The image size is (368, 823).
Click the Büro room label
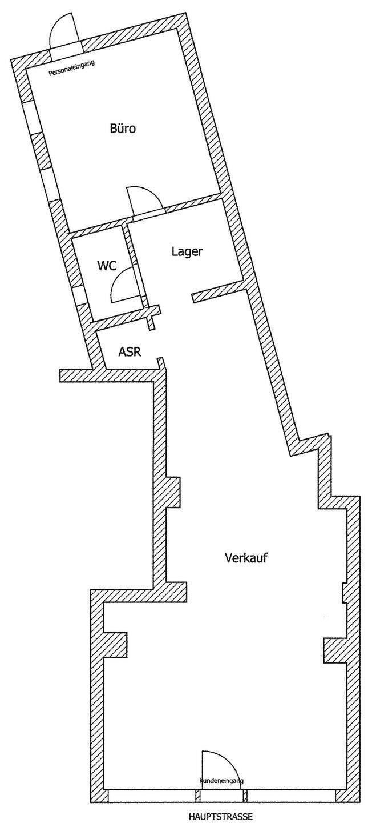coord(123,129)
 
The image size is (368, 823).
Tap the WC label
coord(107,265)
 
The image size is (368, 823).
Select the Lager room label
coord(187,251)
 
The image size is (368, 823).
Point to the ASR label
coord(130,351)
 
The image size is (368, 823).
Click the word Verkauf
coord(246,557)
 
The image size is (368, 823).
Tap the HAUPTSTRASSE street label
coord(220,817)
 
